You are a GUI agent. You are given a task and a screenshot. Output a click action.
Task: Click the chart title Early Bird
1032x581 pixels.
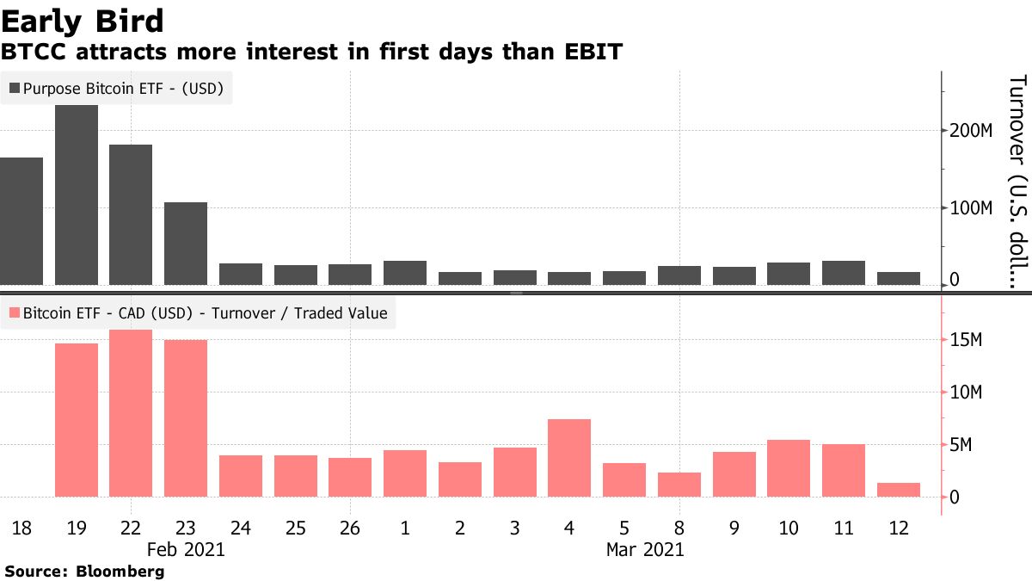pos(83,20)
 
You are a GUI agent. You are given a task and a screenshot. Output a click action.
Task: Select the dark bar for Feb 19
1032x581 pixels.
pos(77,195)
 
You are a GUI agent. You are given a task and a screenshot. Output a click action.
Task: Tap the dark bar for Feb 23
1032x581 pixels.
pos(186,244)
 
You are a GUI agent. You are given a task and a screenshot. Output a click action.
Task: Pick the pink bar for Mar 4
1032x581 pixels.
pos(569,458)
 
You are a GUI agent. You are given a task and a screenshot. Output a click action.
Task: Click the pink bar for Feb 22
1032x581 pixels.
pos(131,413)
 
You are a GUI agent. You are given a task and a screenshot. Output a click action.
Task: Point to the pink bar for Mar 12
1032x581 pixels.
pos(899,490)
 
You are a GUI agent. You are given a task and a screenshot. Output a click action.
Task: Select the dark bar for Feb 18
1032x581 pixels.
pos(21,221)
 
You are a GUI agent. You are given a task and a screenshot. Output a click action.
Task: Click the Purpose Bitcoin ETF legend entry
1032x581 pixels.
pos(117,88)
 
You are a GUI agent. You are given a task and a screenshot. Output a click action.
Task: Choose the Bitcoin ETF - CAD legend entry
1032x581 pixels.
pos(198,313)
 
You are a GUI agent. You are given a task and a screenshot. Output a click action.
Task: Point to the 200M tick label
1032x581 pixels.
pos(970,131)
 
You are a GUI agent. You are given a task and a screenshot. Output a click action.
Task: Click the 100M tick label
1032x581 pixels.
pos(970,208)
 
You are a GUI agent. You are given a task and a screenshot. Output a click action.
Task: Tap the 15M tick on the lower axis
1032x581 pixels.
pos(965,341)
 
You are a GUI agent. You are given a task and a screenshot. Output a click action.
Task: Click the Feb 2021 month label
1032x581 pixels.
pos(186,549)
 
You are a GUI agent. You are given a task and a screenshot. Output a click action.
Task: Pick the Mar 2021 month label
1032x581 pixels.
pos(645,549)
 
